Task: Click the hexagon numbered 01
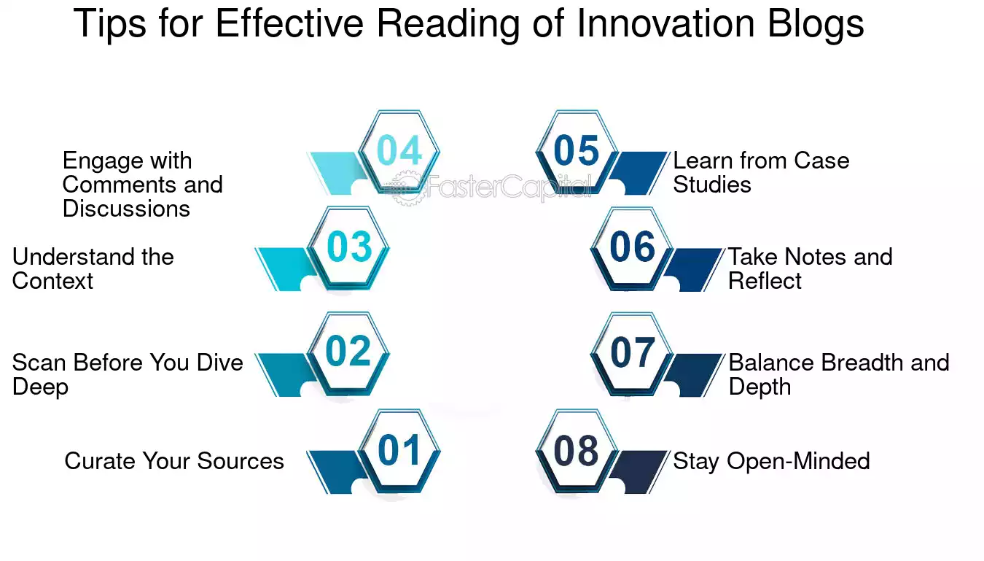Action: click(x=399, y=452)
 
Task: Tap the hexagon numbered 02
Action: click(x=348, y=354)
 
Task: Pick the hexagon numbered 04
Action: click(x=399, y=152)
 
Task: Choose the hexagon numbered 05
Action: click(x=577, y=152)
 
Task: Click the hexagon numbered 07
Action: click(x=632, y=354)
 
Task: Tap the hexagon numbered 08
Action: click(x=577, y=452)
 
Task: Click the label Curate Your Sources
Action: click(x=174, y=461)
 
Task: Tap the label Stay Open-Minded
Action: click(x=771, y=461)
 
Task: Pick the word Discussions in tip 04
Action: click(x=126, y=209)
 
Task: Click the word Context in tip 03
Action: click(x=52, y=280)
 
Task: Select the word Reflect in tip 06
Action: click(x=765, y=280)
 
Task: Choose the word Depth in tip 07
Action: click(x=760, y=387)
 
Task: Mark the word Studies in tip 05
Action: click(x=712, y=185)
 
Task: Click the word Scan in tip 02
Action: click(x=39, y=363)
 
